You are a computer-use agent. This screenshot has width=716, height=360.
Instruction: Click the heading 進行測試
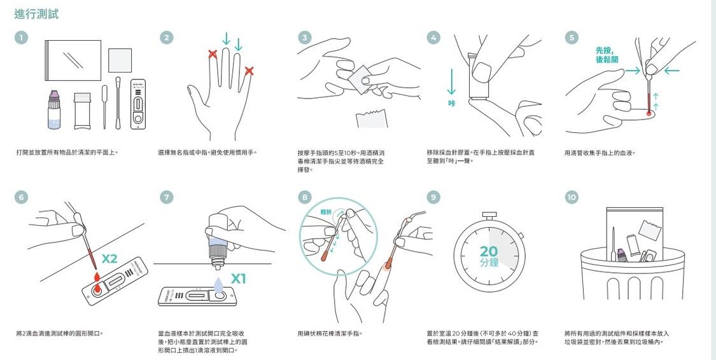(x=36, y=14)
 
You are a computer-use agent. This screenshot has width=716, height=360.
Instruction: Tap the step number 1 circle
(x=21, y=38)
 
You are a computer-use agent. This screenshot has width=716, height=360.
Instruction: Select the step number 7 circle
(x=167, y=197)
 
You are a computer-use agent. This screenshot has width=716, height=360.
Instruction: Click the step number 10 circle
(x=572, y=197)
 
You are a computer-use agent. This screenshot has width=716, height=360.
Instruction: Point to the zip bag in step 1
(x=73, y=60)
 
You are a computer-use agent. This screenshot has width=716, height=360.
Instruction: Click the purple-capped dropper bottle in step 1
(x=54, y=109)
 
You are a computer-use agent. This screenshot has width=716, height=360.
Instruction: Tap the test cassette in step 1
(x=138, y=106)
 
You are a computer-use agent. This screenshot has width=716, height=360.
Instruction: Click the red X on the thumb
(x=249, y=71)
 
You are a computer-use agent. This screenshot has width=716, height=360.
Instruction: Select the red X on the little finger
(x=213, y=54)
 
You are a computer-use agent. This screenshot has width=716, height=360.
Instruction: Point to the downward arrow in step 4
(x=452, y=81)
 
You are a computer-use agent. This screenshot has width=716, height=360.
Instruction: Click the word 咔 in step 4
(x=452, y=104)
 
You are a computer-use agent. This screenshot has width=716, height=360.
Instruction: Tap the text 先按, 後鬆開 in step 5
(x=607, y=55)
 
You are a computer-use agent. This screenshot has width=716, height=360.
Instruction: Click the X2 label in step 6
(x=109, y=259)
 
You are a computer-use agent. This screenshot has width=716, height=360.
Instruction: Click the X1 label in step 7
(x=239, y=279)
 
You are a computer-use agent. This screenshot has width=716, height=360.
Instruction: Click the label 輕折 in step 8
(x=326, y=212)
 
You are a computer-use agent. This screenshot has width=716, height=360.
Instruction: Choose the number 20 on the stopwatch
(x=489, y=251)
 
